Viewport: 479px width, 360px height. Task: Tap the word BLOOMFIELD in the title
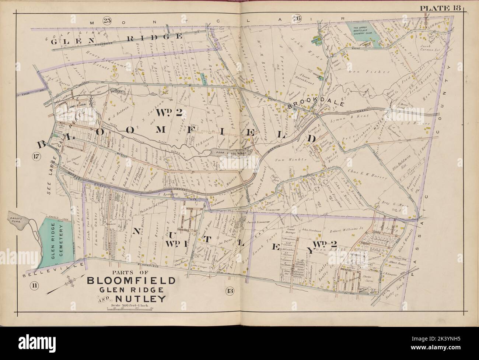[x=131, y=281]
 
